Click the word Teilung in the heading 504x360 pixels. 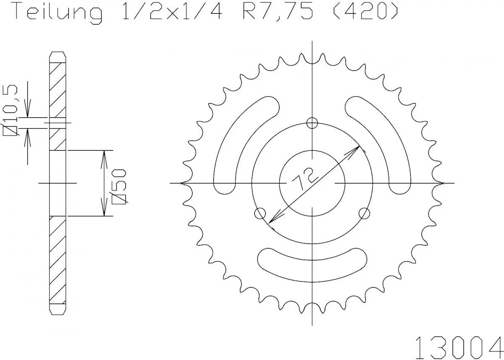coord(58,13)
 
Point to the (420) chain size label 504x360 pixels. coord(364,13)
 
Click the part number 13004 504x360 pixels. coord(459,346)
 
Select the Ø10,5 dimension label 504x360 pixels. coord(10,110)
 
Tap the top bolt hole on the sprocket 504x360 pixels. coord(312,123)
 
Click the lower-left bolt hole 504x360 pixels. coord(260,213)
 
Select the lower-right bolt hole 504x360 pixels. coord(365,213)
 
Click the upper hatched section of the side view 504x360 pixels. coord(58,105)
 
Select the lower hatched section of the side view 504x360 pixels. coord(58,260)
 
